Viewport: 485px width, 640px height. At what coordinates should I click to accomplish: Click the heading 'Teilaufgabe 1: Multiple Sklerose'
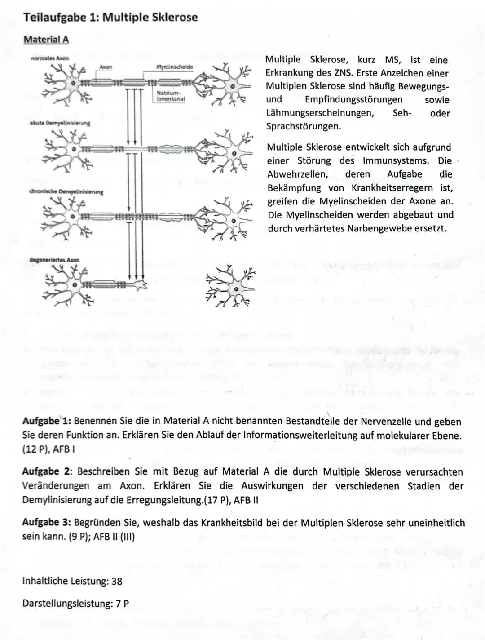coord(110,18)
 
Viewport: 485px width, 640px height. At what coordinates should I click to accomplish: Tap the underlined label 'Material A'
coord(46,40)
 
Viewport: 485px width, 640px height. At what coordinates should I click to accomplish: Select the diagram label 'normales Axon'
coord(50,58)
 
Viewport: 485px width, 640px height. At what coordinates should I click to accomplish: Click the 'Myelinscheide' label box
coord(174,67)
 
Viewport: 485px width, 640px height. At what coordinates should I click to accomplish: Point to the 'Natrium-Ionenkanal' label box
coord(171,96)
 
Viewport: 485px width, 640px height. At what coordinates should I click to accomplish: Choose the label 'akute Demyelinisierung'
coord(59,123)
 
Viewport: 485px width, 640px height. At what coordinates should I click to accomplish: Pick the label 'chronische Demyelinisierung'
coord(66,191)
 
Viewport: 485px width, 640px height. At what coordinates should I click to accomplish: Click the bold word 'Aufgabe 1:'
coord(47,422)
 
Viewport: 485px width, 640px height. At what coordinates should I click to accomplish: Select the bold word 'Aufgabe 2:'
coord(47,471)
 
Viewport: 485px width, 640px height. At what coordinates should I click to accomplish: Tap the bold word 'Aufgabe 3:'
coord(47,522)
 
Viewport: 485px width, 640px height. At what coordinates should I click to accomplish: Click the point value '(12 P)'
coord(35,449)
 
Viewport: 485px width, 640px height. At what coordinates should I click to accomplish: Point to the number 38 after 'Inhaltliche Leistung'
coord(117,581)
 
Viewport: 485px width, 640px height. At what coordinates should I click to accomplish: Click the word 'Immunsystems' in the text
coord(395,160)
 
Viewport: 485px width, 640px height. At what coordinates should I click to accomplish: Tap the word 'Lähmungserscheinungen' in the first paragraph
coord(319,113)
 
